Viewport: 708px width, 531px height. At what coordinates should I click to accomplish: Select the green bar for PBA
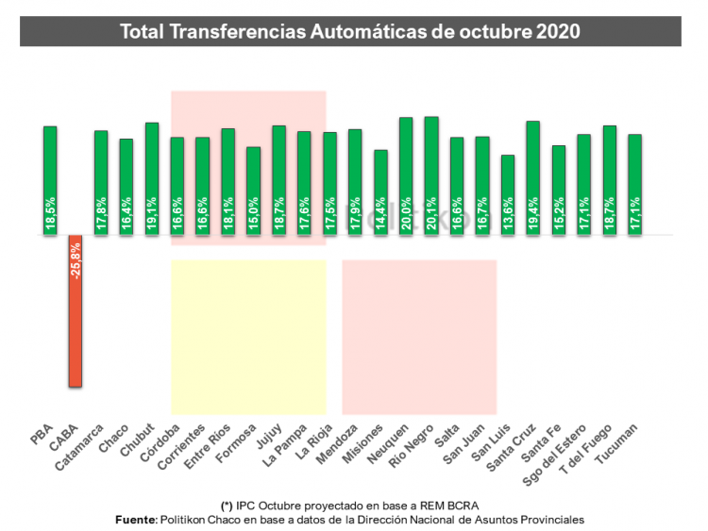[50, 180]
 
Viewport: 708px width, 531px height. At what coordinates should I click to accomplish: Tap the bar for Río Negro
[431, 175]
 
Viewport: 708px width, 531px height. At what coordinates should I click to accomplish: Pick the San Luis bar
[508, 194]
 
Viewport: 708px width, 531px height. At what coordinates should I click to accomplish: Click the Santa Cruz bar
[533, 177]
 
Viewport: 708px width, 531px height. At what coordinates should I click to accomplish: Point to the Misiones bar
[380, 191]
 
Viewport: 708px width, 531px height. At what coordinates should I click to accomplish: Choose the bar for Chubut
[152, 178]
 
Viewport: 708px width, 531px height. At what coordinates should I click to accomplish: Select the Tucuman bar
[635, 184]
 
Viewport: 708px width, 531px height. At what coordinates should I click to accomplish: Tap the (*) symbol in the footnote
[225, 505]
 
